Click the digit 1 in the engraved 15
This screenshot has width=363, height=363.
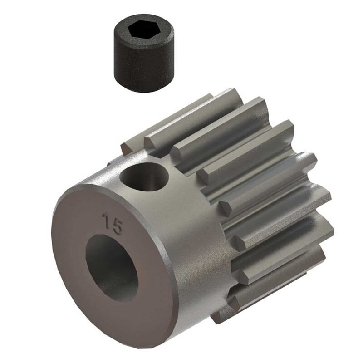click(x=107, y=219)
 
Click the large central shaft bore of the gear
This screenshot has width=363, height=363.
click(x=111, y=268)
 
